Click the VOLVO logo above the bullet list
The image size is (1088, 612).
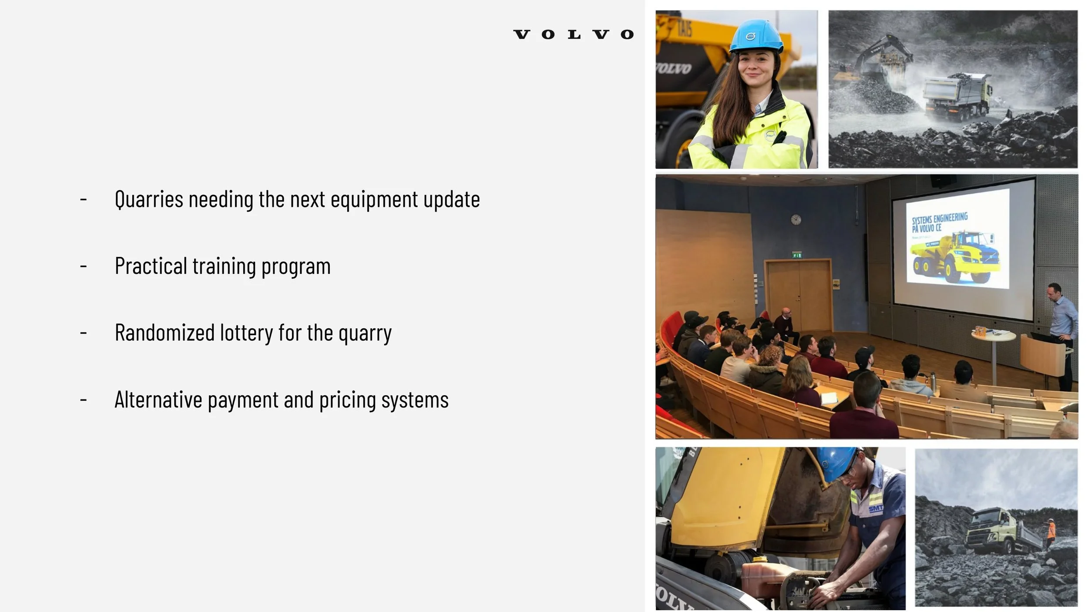pyautogui.click(x=574, y=34)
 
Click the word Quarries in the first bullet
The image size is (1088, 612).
pyautogui.click(x=149, y=200)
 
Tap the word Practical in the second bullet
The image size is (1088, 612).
pyautogui.click(x=151, y=266)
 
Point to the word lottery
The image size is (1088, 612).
pyautogui.click(x=246, y=333)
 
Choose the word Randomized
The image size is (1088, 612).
pyautogui.click(x=165, y=333)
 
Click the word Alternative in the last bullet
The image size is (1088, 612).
pyautogui.click(x=158, y=400)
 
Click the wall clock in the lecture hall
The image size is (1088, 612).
pyautogui.click(x=796, y=219)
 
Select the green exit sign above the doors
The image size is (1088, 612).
pyautogui.click(x=797, y=255)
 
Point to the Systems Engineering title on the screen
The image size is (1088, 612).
pyautogui.click(x=940, y=222)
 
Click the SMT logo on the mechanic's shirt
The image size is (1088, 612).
pyautogui.click(x=876, y=508)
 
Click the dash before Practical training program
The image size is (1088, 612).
pyautogui.click(x=84, y=266)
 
